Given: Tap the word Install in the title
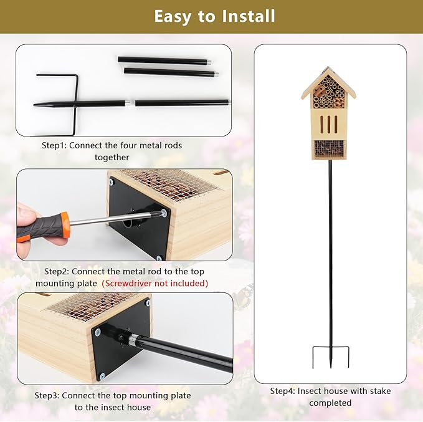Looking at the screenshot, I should [x=245, y=16].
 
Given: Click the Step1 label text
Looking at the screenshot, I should [x=54, y=145].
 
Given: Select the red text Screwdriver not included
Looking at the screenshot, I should [x=155, y=283].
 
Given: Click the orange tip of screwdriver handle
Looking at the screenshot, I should [x=65, y=225].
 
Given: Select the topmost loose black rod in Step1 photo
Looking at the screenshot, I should [x=164, y=60].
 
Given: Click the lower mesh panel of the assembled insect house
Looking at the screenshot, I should [x=329, y=148].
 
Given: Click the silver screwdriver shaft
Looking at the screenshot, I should [x=112, y=219].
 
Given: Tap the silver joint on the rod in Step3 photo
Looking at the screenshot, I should [x=133, y=339].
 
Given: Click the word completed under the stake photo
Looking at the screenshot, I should [x=330, y=403].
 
